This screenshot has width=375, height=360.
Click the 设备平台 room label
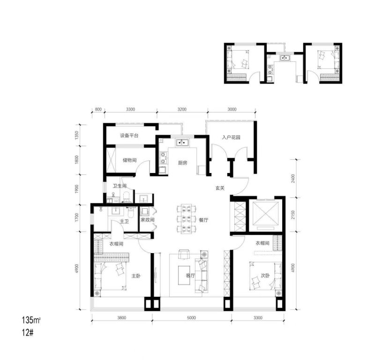point(129,135)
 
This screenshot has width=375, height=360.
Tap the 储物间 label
point(130,160)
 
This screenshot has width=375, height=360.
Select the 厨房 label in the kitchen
point(182,163)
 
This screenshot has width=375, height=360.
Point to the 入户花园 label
point(231,137)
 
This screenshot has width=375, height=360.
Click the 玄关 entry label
point(220,188)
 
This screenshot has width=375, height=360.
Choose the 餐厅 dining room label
point(203,220)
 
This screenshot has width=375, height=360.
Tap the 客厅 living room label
point(190,276)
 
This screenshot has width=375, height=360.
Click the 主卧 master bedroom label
point(136,276)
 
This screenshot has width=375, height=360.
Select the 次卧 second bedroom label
point(265,276)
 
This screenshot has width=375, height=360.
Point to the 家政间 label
point(147,219)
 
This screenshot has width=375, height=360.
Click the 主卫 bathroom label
point(124,222)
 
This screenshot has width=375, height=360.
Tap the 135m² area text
point(31,320)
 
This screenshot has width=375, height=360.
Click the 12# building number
point(28,333)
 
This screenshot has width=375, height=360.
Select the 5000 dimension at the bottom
point(191,318)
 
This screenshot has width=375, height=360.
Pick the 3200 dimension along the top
point(182,109)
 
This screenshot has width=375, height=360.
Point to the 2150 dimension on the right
point(293,215)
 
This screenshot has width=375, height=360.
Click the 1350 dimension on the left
point(76,135)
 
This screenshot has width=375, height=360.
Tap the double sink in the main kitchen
point(183,143)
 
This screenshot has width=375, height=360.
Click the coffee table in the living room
point(184,275)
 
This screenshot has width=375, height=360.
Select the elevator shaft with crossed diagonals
point(265,213)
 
